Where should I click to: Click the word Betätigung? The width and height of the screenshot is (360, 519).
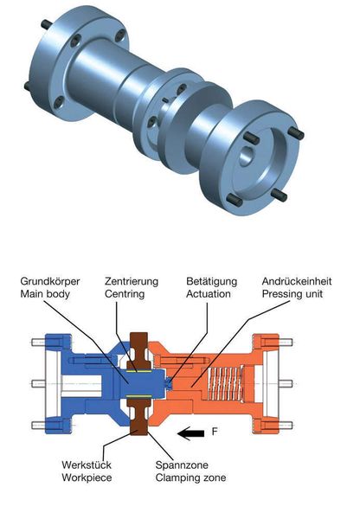tap(211, 282)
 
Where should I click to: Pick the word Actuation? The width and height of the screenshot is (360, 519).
tap(209, 295)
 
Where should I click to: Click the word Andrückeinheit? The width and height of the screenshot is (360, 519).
tap(297, 282)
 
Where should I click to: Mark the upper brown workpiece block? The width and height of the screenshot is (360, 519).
tap(138, 346)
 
